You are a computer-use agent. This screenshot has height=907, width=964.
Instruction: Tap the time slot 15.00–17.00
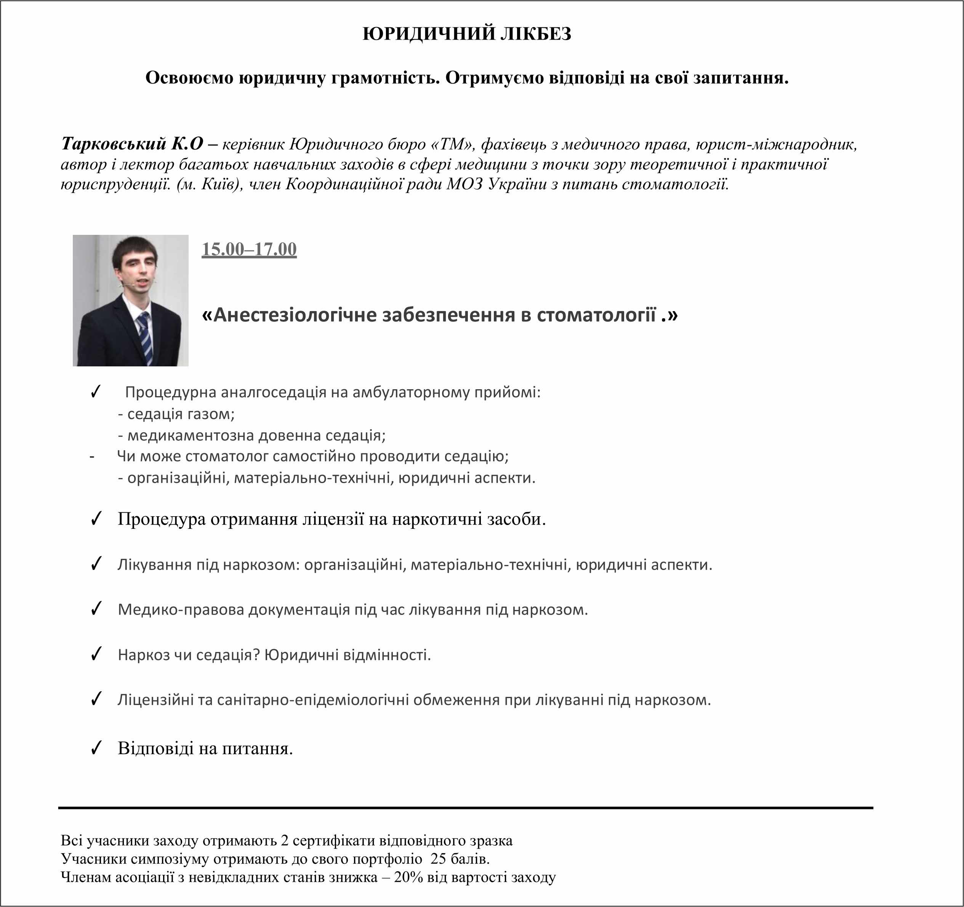click(249, 249)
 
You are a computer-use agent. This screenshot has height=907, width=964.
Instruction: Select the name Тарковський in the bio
click(114, 144)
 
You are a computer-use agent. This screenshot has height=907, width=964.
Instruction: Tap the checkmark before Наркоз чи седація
click(96, 654)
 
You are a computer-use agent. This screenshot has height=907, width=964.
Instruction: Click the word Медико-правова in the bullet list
click(181, 610)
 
